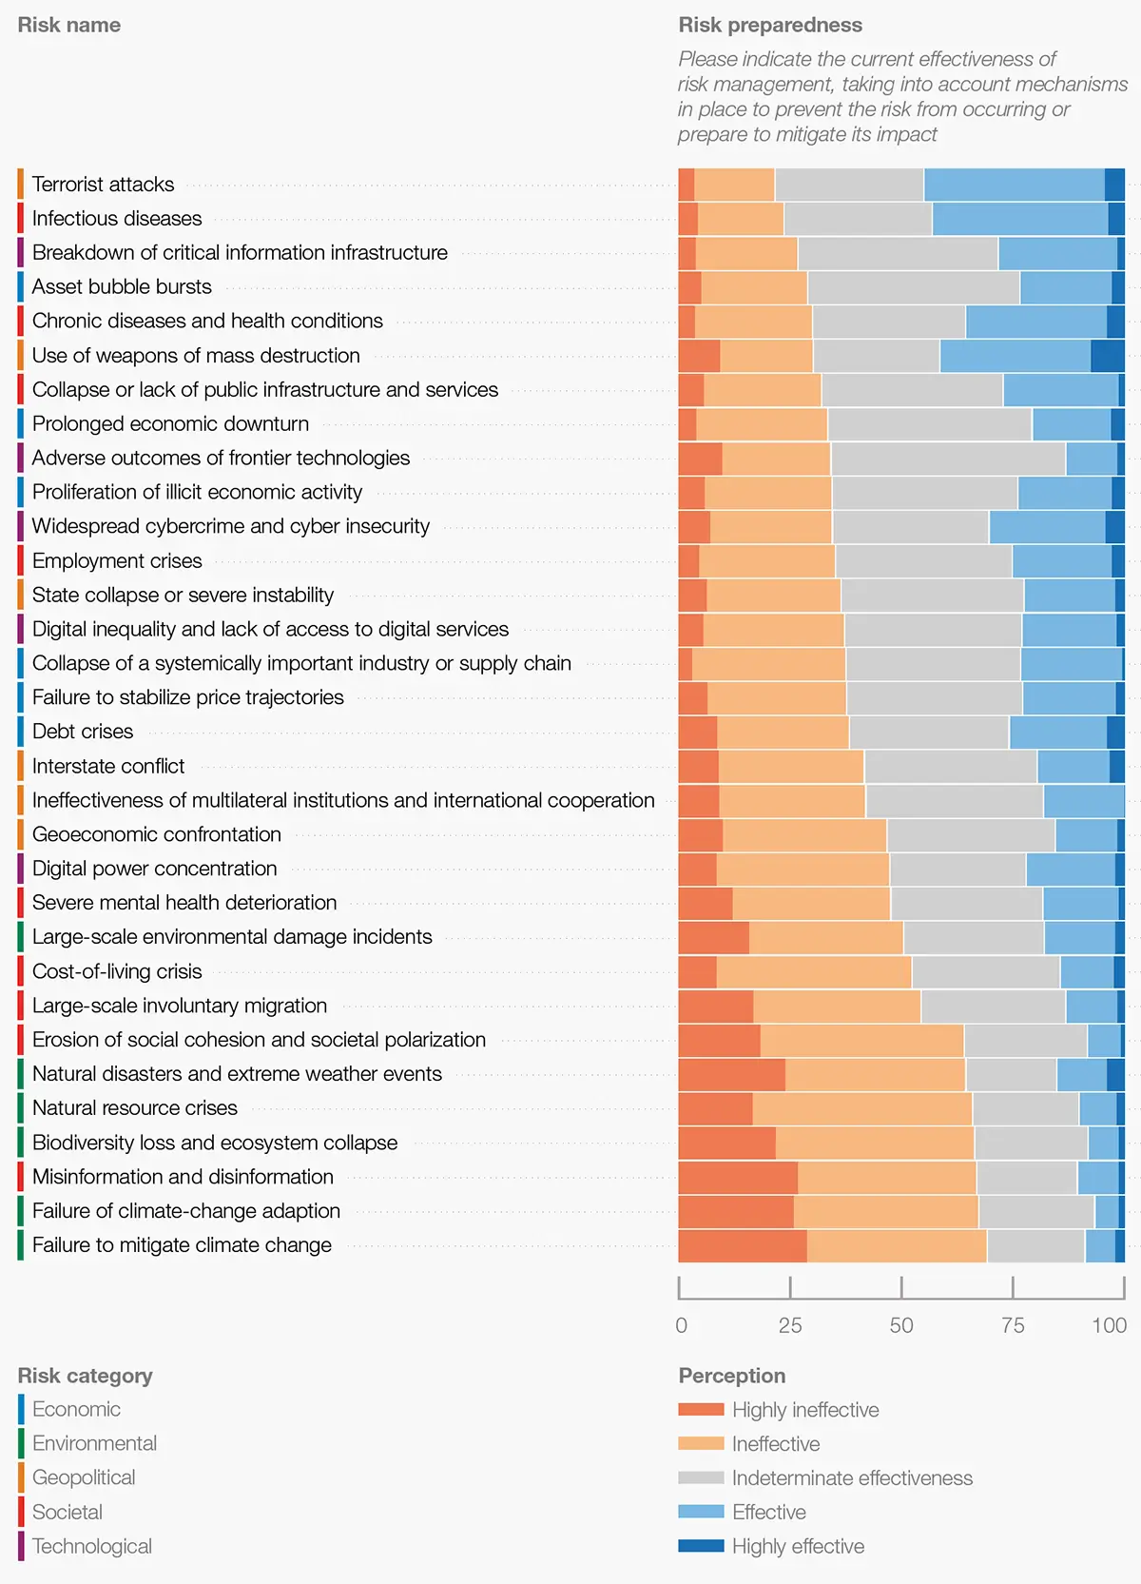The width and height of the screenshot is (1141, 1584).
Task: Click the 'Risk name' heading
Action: coord(68,26)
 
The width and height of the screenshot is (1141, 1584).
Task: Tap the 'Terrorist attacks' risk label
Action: coord(103,185)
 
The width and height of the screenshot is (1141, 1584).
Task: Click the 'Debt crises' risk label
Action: coord(83,732)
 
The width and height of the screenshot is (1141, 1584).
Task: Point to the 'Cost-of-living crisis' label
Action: coord(117,971)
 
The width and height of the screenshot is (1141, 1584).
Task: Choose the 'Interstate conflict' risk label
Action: coord(108,766)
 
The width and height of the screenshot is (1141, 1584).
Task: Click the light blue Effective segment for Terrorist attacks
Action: coord(1014,185)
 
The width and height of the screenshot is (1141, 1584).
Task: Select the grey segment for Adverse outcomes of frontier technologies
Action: coord(948,459)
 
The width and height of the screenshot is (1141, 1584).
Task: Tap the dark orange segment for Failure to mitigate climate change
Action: coord(743,1246)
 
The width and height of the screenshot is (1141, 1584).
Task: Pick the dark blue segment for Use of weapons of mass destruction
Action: coord(1108,356)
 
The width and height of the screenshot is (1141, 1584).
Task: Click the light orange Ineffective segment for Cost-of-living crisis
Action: coord(814,972)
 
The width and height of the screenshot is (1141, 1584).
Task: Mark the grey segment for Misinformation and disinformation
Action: coord(1027,1178)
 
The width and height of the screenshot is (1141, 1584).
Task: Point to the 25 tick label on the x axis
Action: coord(790,1325)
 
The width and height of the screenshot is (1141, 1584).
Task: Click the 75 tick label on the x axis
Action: coord(1013,1325)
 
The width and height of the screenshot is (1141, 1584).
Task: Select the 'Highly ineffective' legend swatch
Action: coord(701,1410)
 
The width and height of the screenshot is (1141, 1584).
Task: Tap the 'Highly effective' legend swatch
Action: coord(701,1546)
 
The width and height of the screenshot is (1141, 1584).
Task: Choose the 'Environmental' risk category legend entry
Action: coord(94,1443)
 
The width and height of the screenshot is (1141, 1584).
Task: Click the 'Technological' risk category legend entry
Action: coord(91,1546)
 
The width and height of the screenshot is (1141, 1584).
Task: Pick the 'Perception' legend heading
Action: coord(732,1376)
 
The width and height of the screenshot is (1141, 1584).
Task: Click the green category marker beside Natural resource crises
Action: coord(21,1108)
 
